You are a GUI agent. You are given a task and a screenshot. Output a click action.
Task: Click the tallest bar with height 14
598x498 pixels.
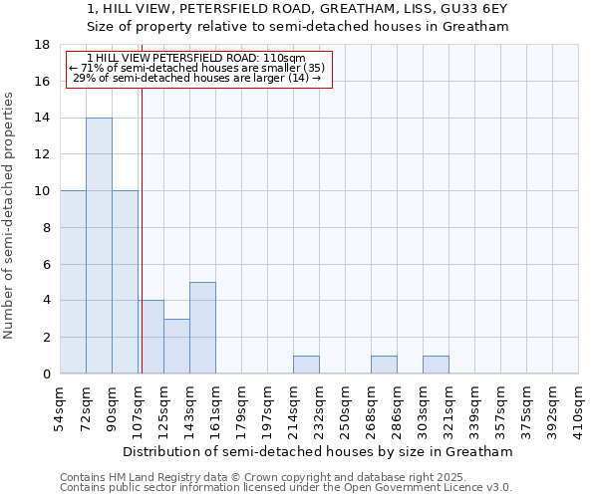99,245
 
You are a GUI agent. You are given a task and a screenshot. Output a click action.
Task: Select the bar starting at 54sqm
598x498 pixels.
73,282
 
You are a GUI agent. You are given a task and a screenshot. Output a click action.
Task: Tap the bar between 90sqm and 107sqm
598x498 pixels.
125,282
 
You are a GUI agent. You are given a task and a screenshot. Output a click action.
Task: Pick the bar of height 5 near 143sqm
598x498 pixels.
202,328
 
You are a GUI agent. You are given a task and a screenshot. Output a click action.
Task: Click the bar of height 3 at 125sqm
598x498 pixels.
176,346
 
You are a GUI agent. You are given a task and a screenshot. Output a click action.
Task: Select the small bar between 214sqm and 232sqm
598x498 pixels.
306,365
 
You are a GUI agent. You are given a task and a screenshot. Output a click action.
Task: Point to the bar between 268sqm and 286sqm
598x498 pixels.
384,365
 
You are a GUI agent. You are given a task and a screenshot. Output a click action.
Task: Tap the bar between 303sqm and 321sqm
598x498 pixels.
436,365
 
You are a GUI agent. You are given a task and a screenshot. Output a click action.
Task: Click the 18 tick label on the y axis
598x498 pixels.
42,45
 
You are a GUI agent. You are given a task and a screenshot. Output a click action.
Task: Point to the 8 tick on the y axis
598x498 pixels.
46,227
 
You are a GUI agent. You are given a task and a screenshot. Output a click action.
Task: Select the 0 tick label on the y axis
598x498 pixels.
46,373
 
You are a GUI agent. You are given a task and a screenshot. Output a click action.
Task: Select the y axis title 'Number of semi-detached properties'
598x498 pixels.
10,214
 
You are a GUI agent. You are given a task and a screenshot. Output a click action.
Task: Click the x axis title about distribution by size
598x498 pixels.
319,451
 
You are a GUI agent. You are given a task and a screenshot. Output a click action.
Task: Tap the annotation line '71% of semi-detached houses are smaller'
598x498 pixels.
197,68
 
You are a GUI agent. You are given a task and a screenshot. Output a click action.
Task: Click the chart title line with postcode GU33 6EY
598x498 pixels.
297,9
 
